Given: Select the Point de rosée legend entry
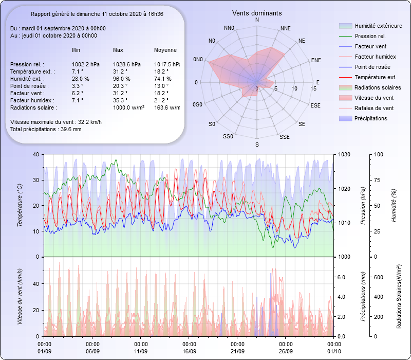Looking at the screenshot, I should (372, 67).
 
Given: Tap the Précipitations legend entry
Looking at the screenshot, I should (370, 118).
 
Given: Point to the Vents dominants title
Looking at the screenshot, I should (257, 13).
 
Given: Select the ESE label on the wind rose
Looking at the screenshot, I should (315, 105).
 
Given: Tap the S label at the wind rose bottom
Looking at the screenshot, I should (257, 145).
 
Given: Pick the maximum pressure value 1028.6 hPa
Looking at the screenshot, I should (127, 64).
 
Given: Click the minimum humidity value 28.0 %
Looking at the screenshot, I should (81, 79).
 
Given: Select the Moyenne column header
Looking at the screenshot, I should (165, 50).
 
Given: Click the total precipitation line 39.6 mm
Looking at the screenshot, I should (46, 129).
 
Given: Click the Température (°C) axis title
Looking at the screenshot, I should (20, 205).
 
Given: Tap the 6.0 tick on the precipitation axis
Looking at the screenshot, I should (342, 277).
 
